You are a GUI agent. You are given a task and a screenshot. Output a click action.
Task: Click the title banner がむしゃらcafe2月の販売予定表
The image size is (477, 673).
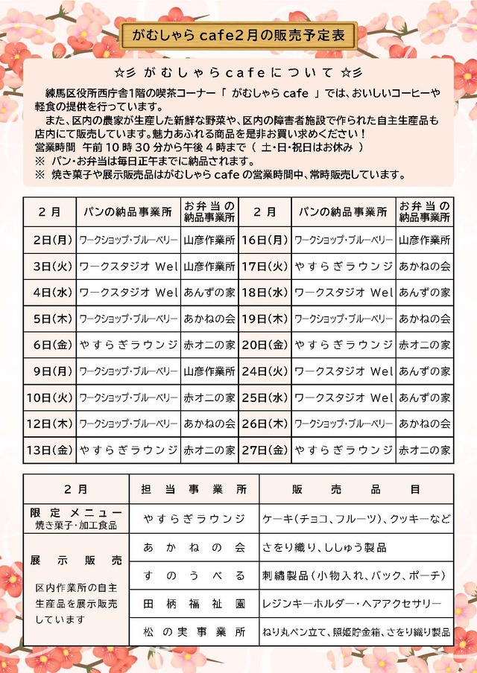click(x=238, y=34)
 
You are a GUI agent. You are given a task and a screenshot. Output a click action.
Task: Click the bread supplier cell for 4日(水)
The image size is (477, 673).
click(x=128, y=293)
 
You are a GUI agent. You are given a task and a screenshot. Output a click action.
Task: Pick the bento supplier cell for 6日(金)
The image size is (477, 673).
click(x=209, y=345)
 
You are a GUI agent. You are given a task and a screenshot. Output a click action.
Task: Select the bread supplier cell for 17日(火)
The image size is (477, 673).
click(x=343, y=266)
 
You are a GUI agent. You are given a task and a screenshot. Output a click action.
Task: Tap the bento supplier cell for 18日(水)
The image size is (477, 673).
click(x=424, y=293)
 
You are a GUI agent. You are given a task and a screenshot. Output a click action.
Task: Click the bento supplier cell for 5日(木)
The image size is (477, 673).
click(x=209, y=319)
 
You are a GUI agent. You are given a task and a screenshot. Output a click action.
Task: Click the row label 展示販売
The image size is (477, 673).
click(x=76, y=560)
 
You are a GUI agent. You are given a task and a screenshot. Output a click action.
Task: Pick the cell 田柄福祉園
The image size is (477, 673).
click(x=194, y=602)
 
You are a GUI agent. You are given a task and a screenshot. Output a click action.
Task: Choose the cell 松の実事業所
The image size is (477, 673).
click(x=194, y=631)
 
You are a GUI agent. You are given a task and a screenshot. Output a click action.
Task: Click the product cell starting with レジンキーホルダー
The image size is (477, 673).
click(x=356, y=602)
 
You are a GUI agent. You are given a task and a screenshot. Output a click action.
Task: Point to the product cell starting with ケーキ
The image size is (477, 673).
click(x=356, y=518)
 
